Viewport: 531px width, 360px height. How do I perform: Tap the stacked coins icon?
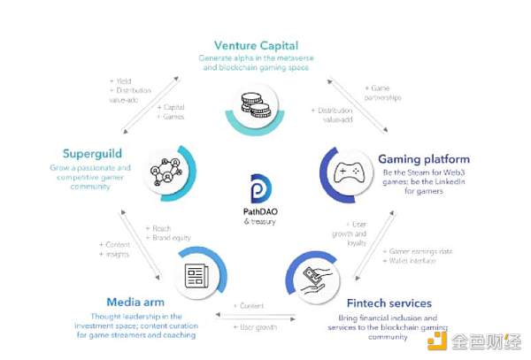pyautogui.click(x=249, y=104)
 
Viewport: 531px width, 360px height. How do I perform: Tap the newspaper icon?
pyautogui.click(x=196, y=276)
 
